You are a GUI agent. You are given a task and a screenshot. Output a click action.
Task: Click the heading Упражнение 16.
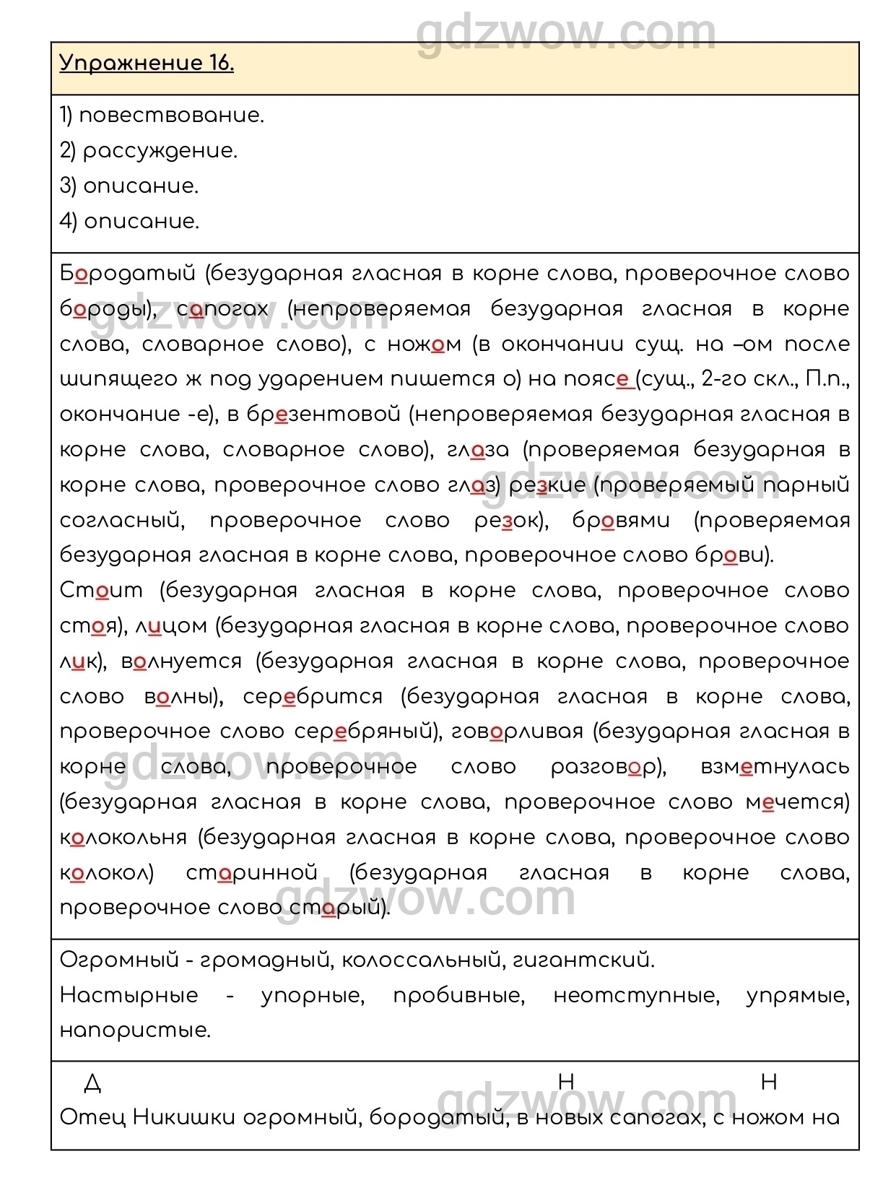tap(147, 64)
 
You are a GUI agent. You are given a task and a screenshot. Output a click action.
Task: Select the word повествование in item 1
tap(171, 116)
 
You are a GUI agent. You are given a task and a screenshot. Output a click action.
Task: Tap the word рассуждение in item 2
tap(160, 151)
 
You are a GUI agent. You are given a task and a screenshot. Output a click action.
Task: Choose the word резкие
tap(547, 485)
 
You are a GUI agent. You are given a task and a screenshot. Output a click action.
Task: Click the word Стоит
tap(101, 591)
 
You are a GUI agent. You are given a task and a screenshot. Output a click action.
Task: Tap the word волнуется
tap(181, 661)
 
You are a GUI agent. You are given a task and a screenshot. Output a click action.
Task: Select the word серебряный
tap(366, 732)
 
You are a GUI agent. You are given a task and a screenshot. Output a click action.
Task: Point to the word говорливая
tap(516, 732)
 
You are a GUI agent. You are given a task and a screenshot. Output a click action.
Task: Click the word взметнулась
tap(775, 767)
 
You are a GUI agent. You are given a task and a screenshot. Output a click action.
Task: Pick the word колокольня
tap(123, 838)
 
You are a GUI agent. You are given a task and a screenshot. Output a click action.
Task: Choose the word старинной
tap(252, 873)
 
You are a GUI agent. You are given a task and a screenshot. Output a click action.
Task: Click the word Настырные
tap(129, 995)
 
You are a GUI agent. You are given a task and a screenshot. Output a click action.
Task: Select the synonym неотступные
tap(636, 995)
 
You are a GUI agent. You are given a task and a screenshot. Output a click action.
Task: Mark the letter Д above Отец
tap(92, 1082)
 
